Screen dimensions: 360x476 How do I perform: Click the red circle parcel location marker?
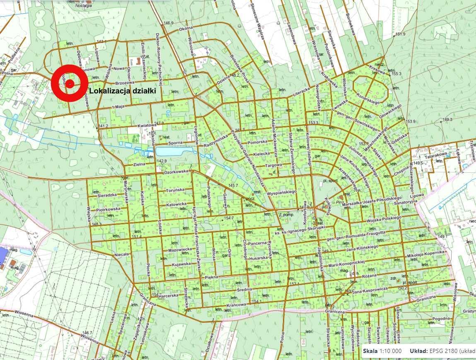pyautogui.click(x=70, y=83)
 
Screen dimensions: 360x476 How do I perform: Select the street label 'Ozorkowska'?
pyautogui.click(x=176, y=171)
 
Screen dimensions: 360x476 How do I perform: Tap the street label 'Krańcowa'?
pyautogui.click(x=236, y=305)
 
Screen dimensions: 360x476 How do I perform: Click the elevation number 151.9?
pyautogui.click(x=400, y=34)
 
